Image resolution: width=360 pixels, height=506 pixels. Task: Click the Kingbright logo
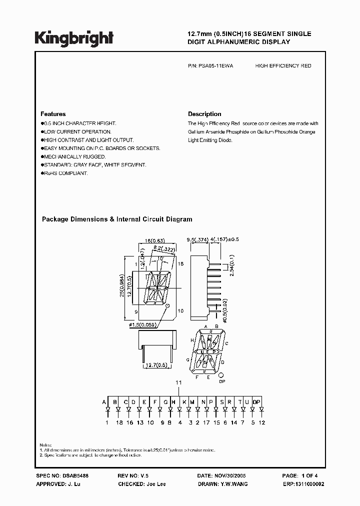point(74,37)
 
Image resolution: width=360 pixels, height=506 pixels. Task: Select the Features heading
point(53,114)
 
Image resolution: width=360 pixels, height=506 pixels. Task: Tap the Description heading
point(204,114)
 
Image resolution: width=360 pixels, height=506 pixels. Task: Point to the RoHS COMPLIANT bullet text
point(65,173)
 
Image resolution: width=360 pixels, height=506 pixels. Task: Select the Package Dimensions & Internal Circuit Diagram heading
point(116,219)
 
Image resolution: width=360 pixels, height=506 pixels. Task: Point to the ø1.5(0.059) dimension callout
point(148,325)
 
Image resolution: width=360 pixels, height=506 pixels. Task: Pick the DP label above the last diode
point(256,401)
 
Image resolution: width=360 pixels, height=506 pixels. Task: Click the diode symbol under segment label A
point(106,410)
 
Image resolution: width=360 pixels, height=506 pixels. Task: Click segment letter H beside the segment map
point(192,339)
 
